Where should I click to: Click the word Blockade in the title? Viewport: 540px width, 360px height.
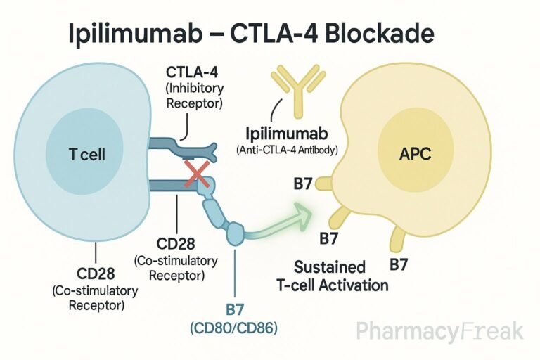(x=378, y=33)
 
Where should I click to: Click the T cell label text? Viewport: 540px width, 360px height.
(x=88, y=154)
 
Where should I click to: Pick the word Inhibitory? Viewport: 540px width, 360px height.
(x=193, y=89)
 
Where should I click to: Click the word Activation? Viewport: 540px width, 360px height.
(x=361, y=285)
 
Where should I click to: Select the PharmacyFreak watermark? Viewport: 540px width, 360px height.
(x=439, y=332)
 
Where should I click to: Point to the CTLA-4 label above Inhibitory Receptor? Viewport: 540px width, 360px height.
(x=193, y=72)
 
